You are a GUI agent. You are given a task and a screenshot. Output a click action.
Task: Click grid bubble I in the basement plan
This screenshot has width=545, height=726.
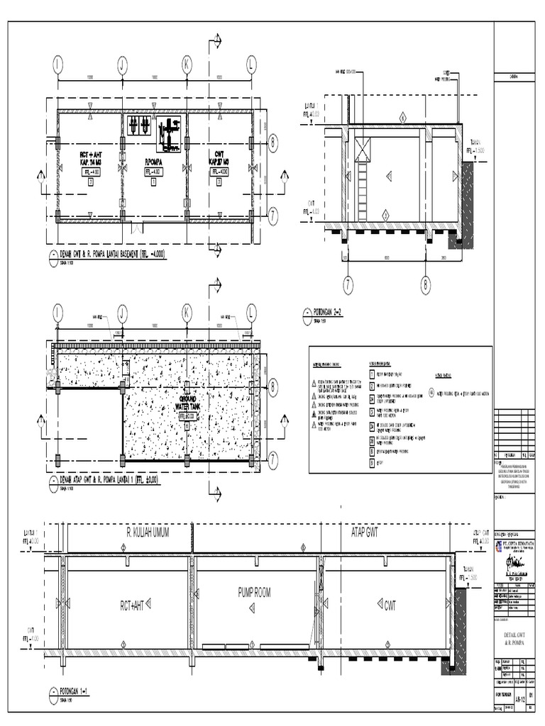coord(57,65)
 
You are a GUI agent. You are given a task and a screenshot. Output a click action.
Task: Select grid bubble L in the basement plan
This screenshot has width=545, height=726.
coord(251,65)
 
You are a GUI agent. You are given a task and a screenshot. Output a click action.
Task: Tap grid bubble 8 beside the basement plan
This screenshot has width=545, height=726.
coord(273,144)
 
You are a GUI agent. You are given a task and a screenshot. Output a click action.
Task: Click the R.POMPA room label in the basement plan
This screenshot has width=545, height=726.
coord(154,162)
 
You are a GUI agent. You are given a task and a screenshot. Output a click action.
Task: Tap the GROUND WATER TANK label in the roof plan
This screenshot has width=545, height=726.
coord(187,403)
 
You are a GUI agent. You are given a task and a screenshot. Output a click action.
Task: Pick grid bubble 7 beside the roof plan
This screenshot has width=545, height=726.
coord(273,459)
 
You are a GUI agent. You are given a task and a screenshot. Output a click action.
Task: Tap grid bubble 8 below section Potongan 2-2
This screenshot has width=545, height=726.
coord(426,284)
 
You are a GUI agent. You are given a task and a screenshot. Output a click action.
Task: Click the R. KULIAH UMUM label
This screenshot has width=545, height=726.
coord(148,532)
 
